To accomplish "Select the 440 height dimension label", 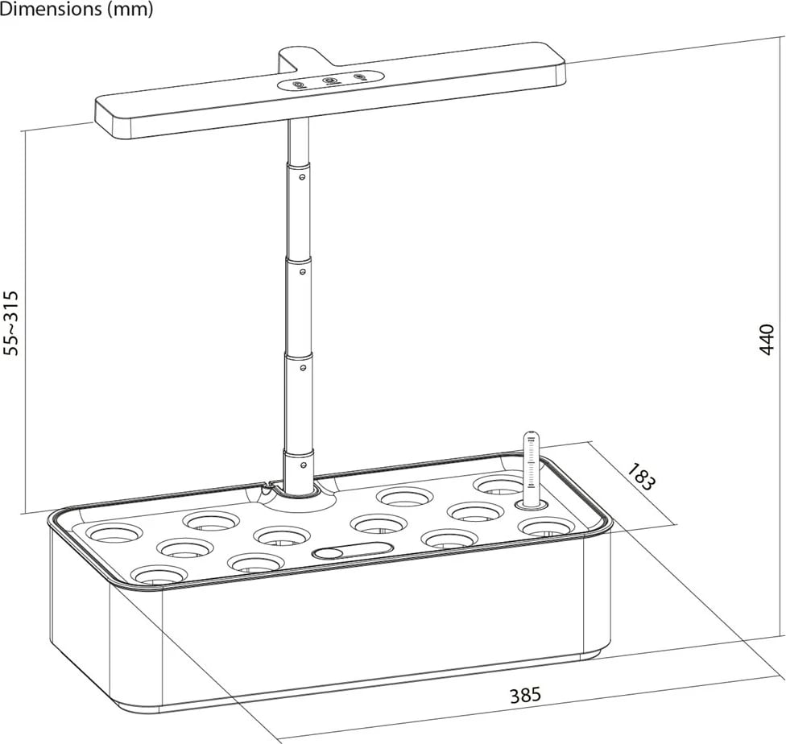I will (766, 339).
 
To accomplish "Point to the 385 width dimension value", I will (525, 694).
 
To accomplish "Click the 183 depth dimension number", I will (640, 476).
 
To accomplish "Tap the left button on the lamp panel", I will (298, 84).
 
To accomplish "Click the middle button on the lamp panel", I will (329, 81).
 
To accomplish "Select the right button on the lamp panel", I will (359, 77).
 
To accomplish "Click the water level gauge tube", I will (530, 467).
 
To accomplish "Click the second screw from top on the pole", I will (303, 271).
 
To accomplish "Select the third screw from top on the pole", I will (303, 367).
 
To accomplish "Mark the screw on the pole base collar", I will (303, 464).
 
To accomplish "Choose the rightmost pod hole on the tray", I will (546, 527).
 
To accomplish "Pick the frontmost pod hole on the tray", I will (159, 575).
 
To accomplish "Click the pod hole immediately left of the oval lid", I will (256, 561).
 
